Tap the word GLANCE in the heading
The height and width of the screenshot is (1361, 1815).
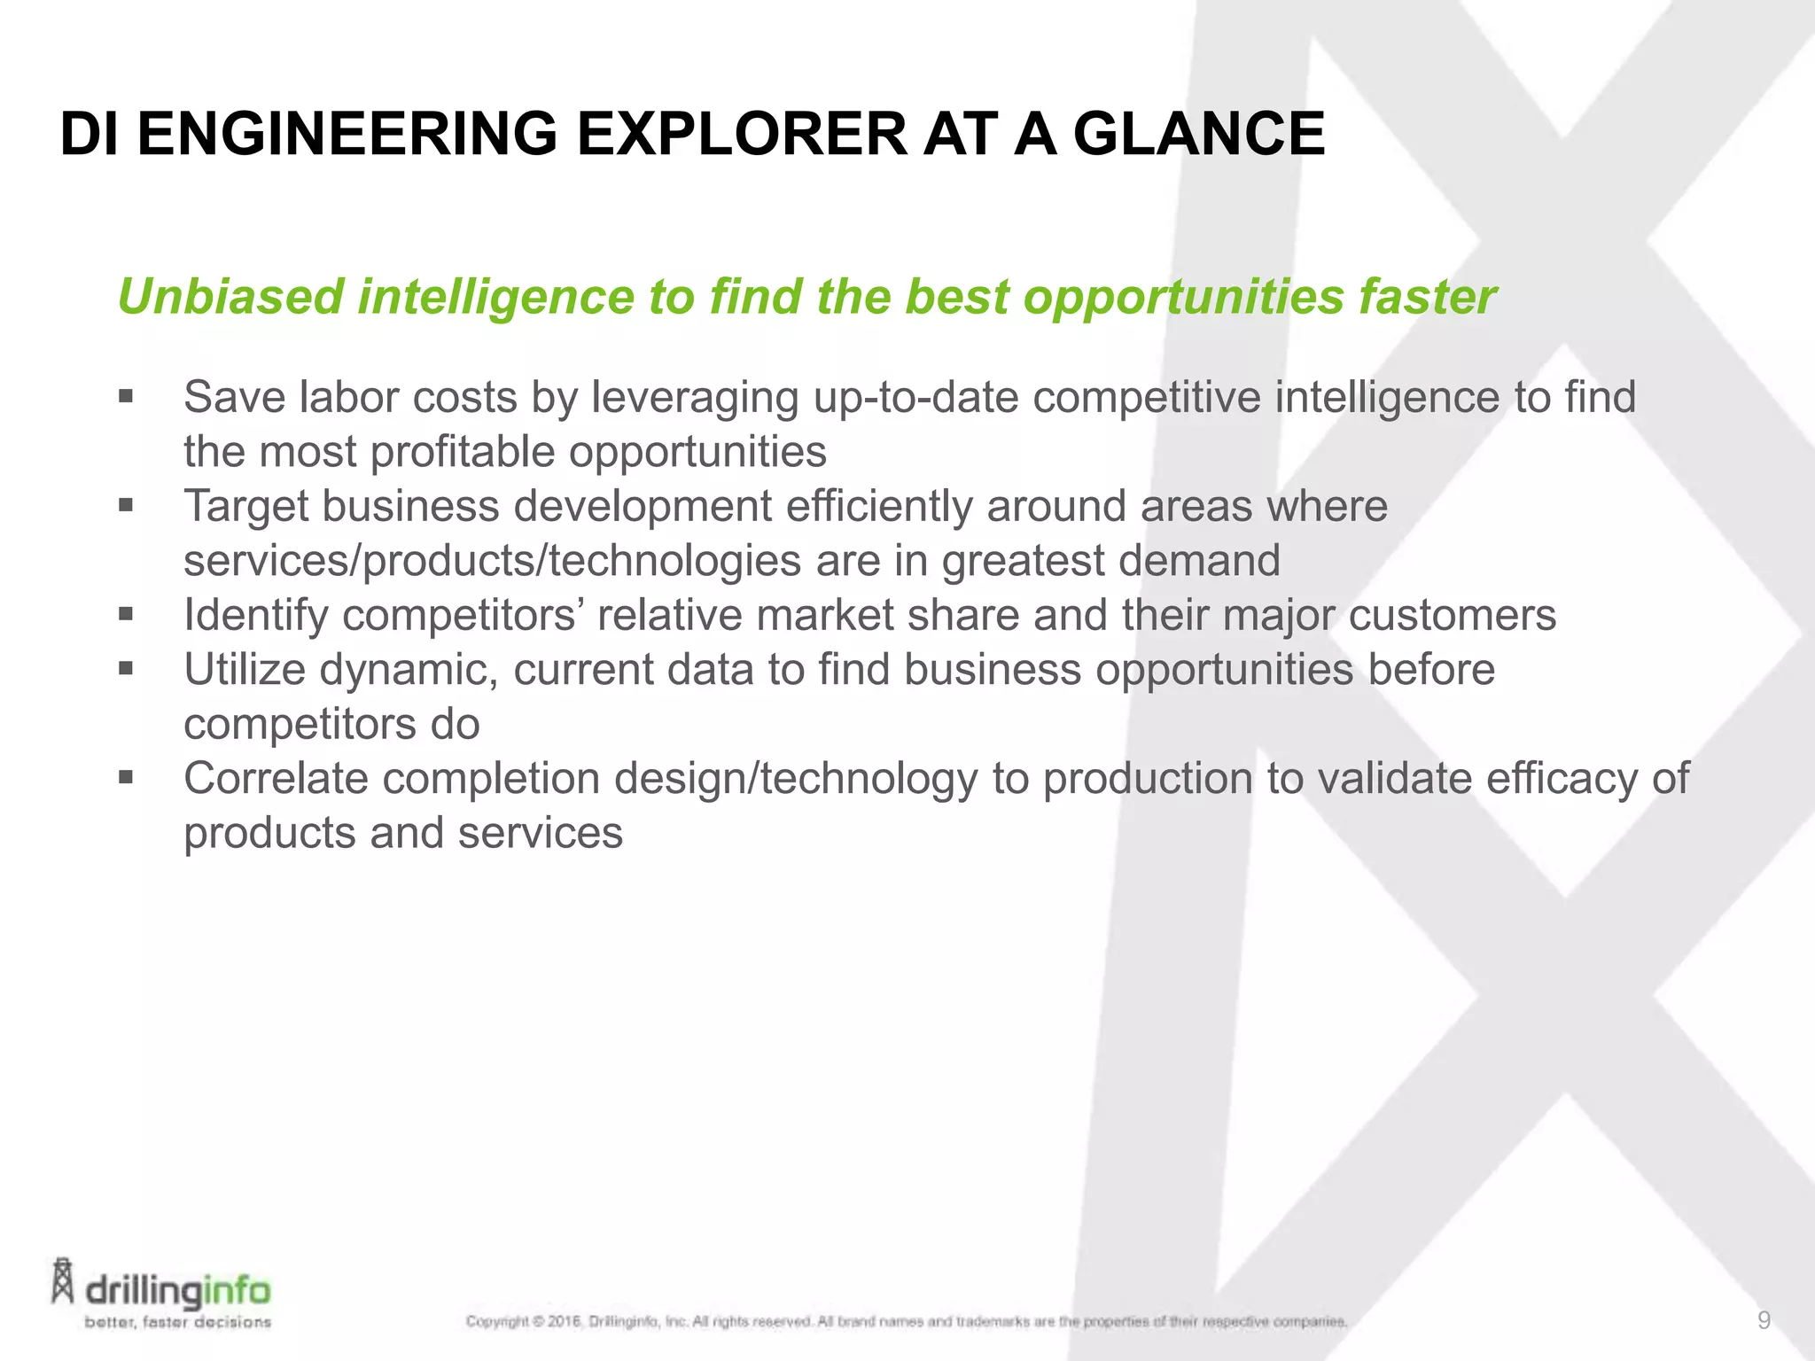[1198, 135]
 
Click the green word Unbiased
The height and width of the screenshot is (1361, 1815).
[230, 297]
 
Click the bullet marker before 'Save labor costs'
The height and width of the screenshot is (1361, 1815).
[125, 395]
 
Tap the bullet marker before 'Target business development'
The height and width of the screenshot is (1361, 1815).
[125, 505]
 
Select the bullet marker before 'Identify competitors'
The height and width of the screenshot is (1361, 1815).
[125, 613]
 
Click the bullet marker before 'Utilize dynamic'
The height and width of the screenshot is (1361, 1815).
[125, 668]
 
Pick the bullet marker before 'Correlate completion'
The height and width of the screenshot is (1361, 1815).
[125, 777]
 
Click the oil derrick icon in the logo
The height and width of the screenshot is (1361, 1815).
[63, 1280]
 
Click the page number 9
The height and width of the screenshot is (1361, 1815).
[1764, 1321]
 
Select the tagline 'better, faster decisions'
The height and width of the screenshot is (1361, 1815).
[177, 1322]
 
